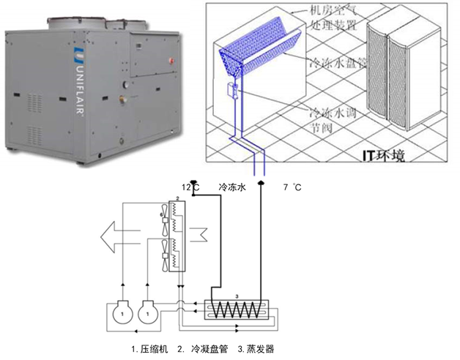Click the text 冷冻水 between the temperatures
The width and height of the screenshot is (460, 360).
(x=234, y=188)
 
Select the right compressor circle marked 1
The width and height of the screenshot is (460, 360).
(x=149, y=313)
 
